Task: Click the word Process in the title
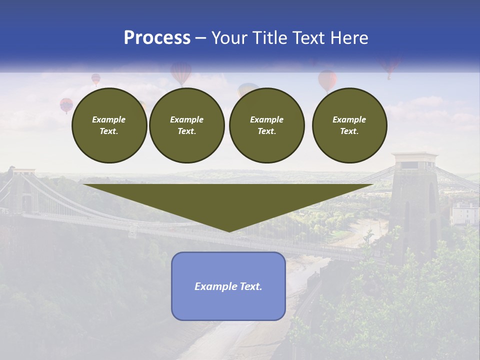(157, 38)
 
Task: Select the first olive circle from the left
(109, 125)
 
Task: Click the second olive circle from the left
(186, 125)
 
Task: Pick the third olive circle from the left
(266, 125)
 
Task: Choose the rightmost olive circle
(349, 125)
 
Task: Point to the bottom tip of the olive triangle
(229, 231)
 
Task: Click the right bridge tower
(414, 200)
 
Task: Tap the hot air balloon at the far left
(66, 105)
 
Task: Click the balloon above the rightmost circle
(327, 80)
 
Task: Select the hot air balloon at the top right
(388, 66)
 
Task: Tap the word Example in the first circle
(109, 119)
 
